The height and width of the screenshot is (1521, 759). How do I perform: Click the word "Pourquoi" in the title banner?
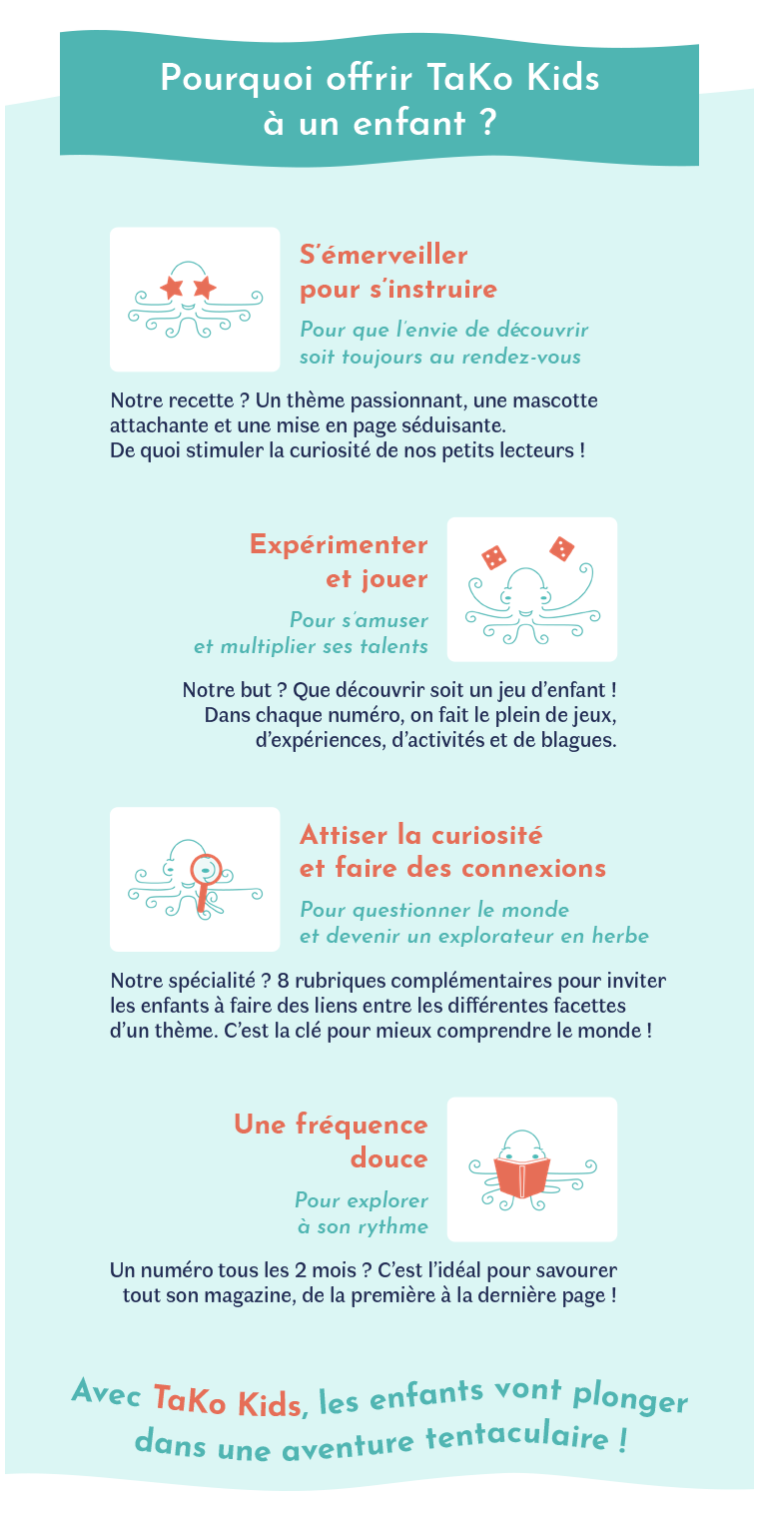237,80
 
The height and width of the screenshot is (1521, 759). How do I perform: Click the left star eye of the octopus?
172,288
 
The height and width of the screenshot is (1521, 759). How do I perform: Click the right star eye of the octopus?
205,288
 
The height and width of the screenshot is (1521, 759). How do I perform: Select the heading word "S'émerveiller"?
383,255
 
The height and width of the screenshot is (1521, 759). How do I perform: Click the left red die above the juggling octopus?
493,557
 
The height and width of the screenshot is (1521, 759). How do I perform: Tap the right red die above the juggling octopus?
562,548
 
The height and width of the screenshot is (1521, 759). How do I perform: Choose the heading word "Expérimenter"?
339,545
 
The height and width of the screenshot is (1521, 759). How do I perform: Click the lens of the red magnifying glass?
206,869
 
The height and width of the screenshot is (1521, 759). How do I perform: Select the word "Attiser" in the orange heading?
345,835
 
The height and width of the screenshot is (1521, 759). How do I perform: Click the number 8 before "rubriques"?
283,981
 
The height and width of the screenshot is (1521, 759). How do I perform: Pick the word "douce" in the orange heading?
389,1158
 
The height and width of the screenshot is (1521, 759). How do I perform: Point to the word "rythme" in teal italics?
393,1227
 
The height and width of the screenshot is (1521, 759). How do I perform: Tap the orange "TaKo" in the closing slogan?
190,1399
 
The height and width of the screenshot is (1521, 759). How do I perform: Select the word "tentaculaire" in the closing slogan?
516,1436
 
